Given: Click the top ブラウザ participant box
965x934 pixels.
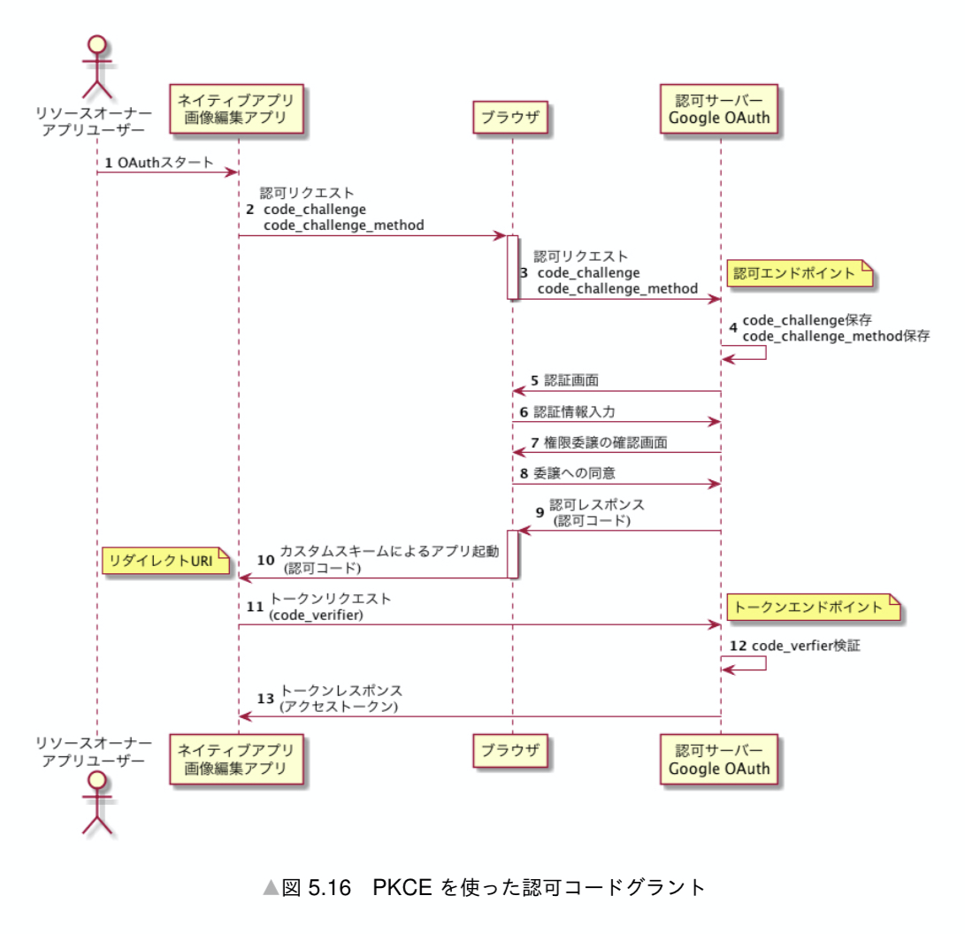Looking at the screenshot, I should (x=511, y=116).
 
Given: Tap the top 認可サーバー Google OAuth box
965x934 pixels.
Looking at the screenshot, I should (x=719, y=108).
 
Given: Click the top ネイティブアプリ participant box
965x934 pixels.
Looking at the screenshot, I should (x=237, y=108).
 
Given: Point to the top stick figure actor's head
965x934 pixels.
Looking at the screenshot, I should (x=97, y=47).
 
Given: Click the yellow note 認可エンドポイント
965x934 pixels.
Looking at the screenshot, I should (x=799, y=273).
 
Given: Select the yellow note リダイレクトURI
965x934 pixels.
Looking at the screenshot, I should (x=163, y=560).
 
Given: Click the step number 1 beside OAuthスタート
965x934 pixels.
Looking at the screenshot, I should (x=109, y=163).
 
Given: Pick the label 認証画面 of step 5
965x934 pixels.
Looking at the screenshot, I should (x=571, y=381).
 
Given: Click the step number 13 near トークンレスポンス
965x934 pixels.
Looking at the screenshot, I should (x=265, y=698).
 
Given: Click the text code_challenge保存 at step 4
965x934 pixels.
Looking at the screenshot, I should (x=807, y=320).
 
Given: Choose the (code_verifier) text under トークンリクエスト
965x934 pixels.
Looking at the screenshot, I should (x=316, y=614).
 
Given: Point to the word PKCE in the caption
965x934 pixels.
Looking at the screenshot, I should (x=402, y=887).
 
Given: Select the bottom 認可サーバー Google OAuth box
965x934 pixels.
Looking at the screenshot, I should (x=719, y=758).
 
